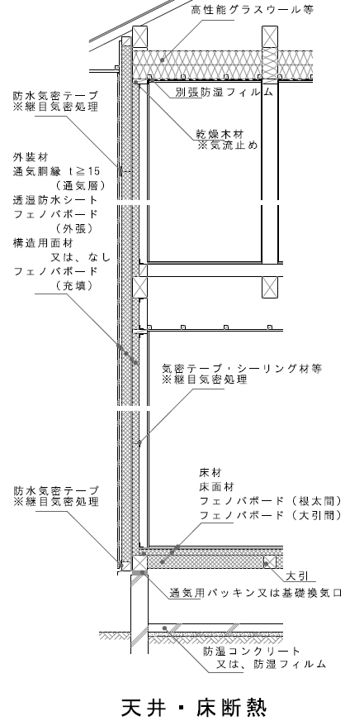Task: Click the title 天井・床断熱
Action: pos(194,707)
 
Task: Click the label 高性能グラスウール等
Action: pos(253,10)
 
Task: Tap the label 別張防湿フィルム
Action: pos(224,92)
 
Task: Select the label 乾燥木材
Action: pos(220,134)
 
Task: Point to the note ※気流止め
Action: pos(227,146)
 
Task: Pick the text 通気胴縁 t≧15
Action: pos(56,171)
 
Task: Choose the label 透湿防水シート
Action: pos(55,200)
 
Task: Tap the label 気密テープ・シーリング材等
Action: pos(242,368)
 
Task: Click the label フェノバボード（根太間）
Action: pos(271,501)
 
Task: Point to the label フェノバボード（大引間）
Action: pos(271,515)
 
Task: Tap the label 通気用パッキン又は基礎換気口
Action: pos(256,593)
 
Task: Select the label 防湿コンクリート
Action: pos(252,651)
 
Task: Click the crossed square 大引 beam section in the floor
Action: pos(269,562)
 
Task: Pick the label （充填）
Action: pos(74,285)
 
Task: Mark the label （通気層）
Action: pos(80,186)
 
